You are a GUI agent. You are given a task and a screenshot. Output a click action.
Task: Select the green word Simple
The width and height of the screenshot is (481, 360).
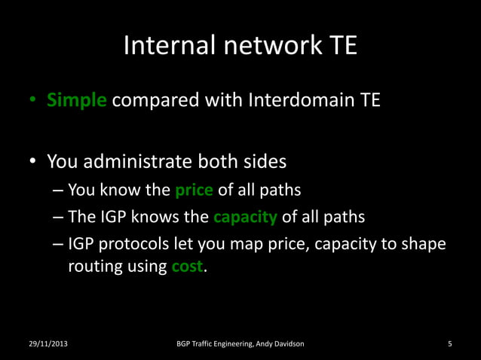[76, 100]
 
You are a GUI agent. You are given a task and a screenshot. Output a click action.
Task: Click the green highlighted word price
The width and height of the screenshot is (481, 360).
[194, 191]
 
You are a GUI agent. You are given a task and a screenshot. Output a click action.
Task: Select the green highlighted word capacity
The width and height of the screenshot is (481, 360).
[245, 218]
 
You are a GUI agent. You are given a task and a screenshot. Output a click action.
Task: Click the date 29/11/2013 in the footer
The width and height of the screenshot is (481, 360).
[47, 344]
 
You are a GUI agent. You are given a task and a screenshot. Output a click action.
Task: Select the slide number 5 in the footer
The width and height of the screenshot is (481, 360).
[449, 344]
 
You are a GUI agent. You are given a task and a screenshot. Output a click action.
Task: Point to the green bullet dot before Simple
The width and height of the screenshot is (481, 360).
[33, 101]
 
